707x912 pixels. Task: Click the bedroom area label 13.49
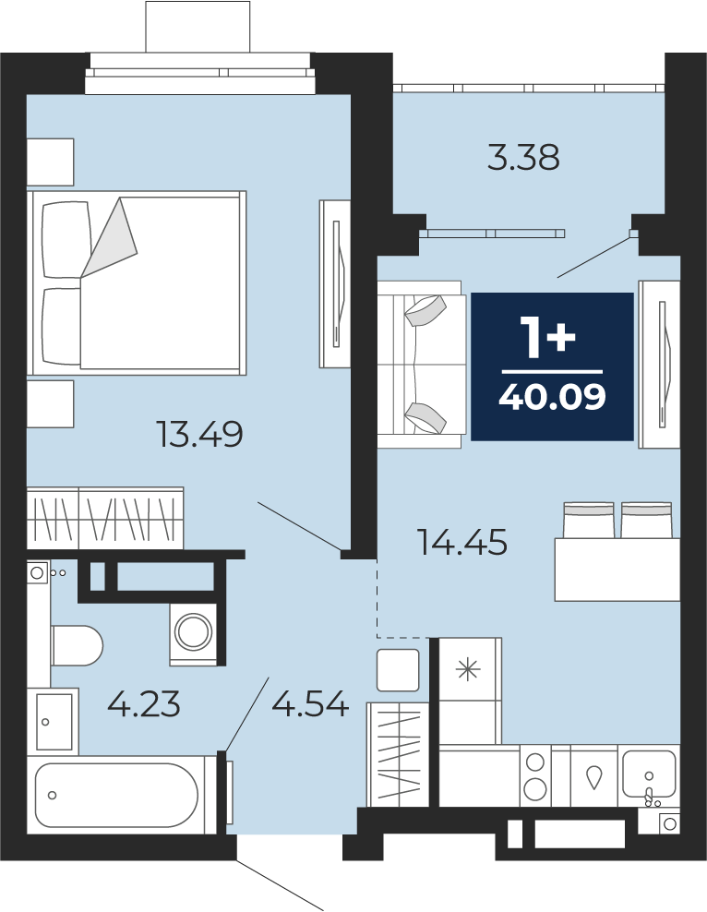[x=199, y=435]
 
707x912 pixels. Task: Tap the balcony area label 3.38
[x=523, y=158]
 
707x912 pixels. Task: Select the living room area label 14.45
[x=462, y=542]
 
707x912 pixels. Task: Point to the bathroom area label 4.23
[x=144, y=703]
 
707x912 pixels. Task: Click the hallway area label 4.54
[x=310, y=703]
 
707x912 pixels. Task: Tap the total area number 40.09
[x=552, y=397]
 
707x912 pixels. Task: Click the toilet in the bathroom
[x=77, y=645]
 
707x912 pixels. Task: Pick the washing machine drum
[x=194, y=632]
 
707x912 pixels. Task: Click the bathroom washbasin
[x=54, y=721]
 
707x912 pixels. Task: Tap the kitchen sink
[x=649, y=774]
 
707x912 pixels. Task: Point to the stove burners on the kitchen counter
[x=535, y=776]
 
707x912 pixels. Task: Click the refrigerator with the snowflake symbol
[x=470, y=690]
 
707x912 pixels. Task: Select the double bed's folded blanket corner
[x=110, y=238]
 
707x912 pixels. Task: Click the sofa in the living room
[x=422, y=365]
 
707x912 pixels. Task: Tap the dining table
[x=617, y=570]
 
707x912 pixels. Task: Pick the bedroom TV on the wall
[x=335, y=283]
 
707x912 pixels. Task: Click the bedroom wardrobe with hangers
[x=105, y=518]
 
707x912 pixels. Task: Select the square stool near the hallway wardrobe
[x=398, y=670]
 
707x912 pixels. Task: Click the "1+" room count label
[x=551, y=338]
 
